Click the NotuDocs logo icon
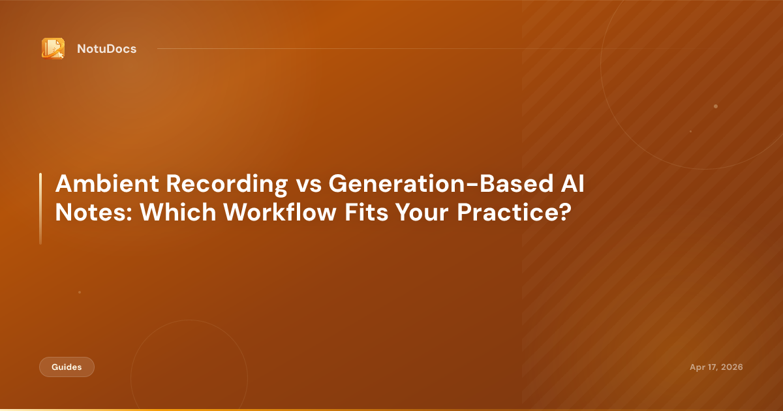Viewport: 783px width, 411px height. (53, 48)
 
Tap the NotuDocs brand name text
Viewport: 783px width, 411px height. (106, 49)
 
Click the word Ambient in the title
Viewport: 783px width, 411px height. (107, 183)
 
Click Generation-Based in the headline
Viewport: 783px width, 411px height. (441, 183)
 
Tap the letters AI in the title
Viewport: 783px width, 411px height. (573, 183)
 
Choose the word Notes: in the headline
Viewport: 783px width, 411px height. (94, 212)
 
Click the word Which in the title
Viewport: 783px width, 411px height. (178, 212)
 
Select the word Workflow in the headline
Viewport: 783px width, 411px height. (280, 212)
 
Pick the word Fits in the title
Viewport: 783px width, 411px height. (366, 212)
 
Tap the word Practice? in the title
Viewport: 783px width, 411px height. (514, 212)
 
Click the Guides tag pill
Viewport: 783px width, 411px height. (67, 367)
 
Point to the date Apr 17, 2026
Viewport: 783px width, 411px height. (716, 367)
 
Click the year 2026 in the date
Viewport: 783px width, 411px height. (731, 367)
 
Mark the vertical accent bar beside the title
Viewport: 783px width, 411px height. (40, 209)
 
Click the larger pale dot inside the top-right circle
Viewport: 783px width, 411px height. (716, 106)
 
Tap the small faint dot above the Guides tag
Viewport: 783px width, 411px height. (80, 292)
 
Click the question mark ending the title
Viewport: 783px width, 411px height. (565, 212)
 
